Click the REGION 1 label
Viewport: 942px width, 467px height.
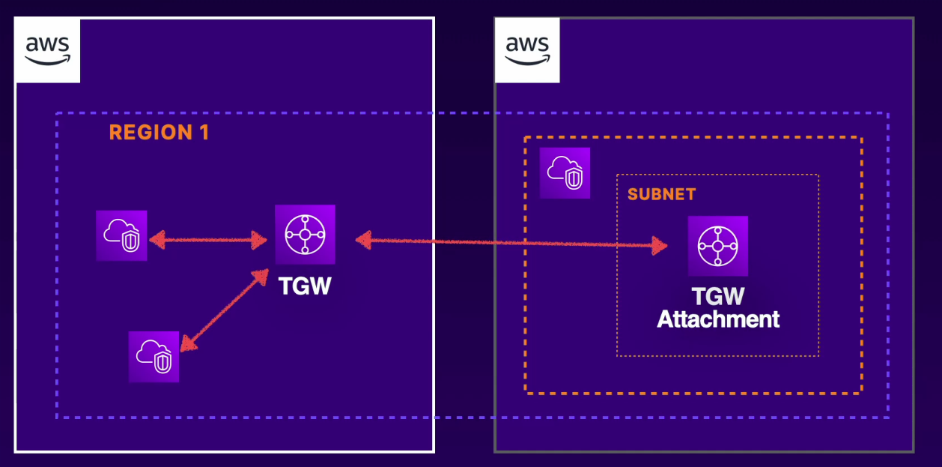click(159, 133)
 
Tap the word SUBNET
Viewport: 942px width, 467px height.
click(661, 194)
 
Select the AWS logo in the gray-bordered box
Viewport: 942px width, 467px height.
click(527, 50)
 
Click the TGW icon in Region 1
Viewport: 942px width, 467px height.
click(305, 235)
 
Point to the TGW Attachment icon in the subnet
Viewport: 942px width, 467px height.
click(718, 246)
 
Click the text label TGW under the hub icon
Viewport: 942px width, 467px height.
click(305, 286)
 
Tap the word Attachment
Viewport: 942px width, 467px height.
click(718, 319)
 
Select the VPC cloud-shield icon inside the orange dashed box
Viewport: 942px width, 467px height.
click(565, 173)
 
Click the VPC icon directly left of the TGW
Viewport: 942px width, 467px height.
click(121, 235)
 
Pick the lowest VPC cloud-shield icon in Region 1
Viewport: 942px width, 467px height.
click(154, 357)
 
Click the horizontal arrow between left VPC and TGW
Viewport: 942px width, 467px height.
click(208, 241)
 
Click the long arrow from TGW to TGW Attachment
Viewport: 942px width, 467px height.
click(509, 243)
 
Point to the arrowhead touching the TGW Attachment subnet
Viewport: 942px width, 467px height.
click(659, 246)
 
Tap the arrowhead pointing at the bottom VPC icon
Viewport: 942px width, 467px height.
click(188, 343)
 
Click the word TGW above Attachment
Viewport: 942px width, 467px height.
click(718, 296)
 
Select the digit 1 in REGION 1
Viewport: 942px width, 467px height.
click(203, 133)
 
